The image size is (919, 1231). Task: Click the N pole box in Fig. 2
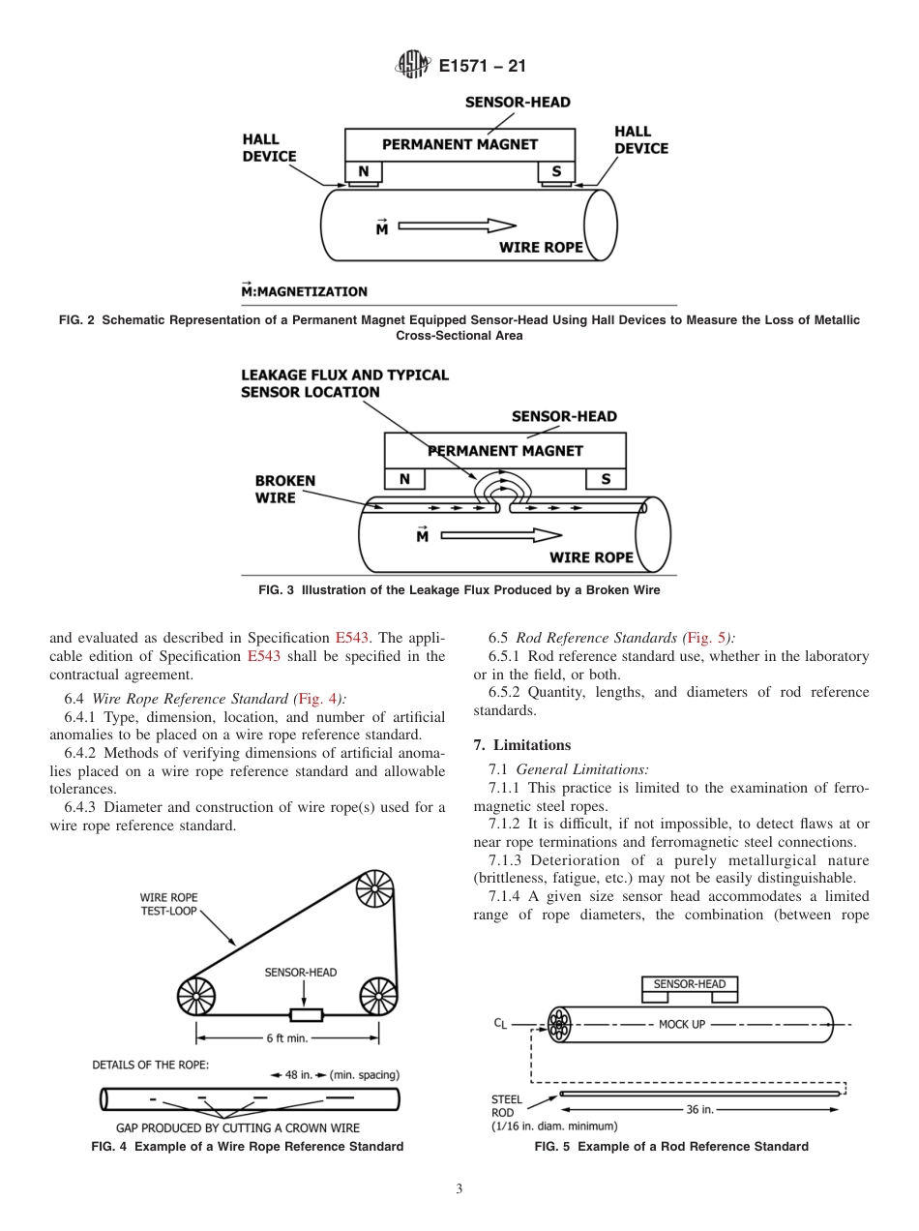(x=364, y=172)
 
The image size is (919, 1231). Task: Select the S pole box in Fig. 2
(x=555, y=172)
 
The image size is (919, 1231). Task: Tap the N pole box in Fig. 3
(x=404, y=479)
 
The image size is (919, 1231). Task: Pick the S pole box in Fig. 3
(x=606, y=479)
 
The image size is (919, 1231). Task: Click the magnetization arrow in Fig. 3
(x=500, y=533)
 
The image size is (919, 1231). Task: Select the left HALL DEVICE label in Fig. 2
(x=269, y=148)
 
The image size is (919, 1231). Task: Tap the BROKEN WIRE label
(x=284, y=489)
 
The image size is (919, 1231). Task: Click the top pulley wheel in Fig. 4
(x=374, y=889)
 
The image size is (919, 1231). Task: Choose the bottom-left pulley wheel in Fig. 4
(x=195, y=996)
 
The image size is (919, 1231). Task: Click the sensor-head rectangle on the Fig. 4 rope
(x=307, y=1014)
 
